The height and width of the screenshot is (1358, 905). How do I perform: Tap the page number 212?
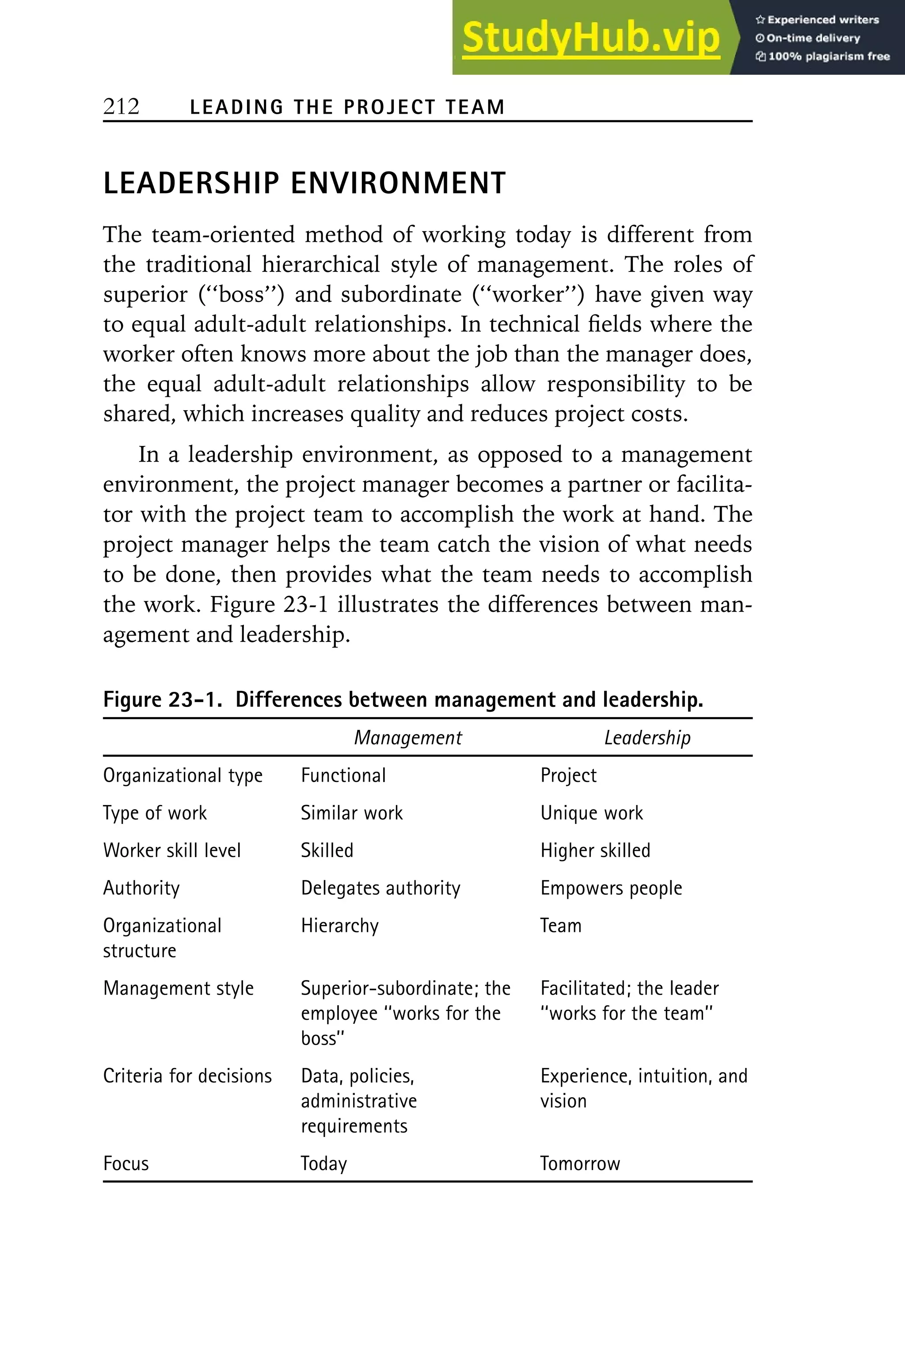pos(121,106)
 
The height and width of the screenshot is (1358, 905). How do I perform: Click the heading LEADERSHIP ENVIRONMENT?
pos(304,183)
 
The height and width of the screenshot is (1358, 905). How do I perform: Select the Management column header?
pos(407,737)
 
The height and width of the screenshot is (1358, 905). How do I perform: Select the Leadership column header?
pos(647,737)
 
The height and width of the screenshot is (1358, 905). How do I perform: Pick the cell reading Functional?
pos(343,775)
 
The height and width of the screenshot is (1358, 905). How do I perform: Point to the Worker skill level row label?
pos(171,850)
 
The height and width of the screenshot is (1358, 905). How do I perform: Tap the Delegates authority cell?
pos(380,888)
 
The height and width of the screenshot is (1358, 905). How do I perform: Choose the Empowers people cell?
pos(611,888)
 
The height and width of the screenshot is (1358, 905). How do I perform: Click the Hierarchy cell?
pos(339,926)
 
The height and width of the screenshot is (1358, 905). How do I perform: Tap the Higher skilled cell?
pos(595,850)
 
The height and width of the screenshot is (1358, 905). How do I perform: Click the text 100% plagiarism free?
pos(828,57)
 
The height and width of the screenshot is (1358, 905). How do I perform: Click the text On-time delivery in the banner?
pos(813,38)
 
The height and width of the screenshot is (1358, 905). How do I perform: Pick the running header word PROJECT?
pos(389,107)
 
